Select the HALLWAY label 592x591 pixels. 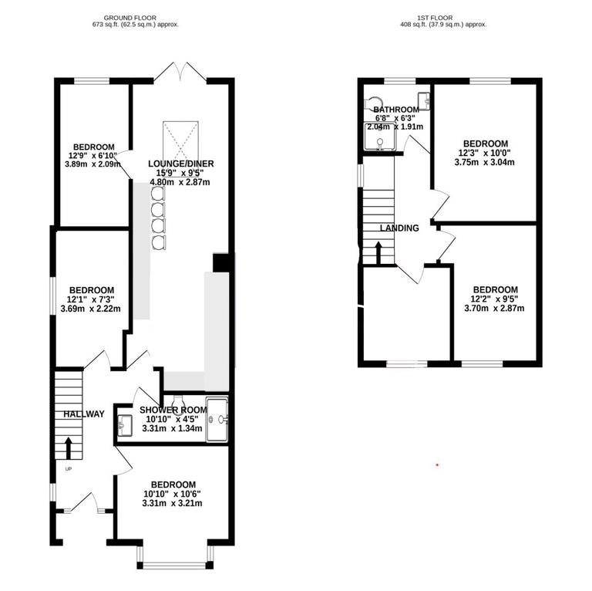[84, 414]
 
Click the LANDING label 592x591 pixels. [399, 228]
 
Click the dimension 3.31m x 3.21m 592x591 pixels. [172, 504]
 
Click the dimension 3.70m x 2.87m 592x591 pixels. [494, 309]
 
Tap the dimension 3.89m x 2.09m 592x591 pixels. [93, 164]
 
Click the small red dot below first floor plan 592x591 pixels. [437, 465]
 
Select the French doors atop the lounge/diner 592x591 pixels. [180, 73]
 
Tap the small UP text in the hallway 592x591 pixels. [68, 469]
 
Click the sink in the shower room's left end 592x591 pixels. [126, 423]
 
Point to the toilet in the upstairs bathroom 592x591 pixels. [374, 103]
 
